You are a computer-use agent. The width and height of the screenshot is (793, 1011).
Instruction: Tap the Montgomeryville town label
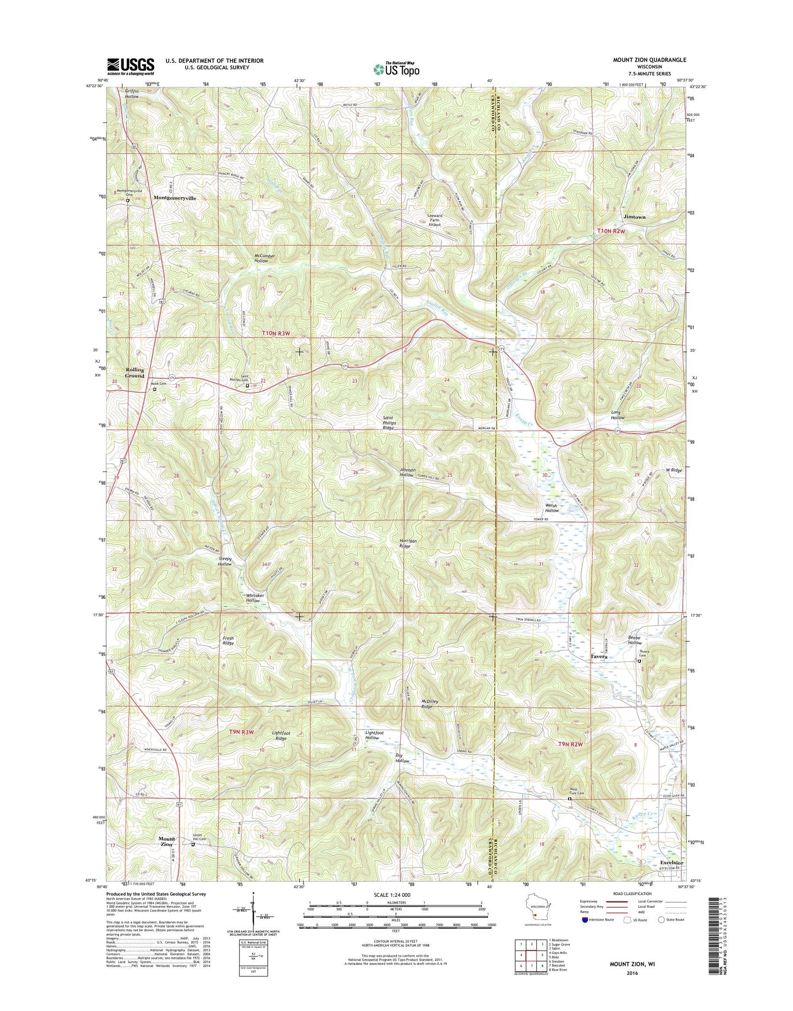click(175, 198)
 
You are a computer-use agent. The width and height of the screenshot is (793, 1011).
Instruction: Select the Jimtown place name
click(634, 217)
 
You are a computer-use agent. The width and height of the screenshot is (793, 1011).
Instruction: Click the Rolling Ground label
click(134, 373)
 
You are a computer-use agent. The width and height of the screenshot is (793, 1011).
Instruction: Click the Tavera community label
click(599, 656)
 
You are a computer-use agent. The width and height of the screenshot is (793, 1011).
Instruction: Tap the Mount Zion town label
click(167, 841)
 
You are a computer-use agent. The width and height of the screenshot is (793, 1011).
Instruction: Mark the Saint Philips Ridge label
click(389, 422)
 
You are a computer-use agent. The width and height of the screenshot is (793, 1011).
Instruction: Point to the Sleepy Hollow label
click(224, 561)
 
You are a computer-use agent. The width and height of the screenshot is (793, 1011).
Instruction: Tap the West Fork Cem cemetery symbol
click(569, 799)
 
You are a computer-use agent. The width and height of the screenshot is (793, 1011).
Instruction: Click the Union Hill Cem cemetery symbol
click(193, 845)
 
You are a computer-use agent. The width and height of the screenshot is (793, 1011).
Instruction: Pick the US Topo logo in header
click(396, 69)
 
